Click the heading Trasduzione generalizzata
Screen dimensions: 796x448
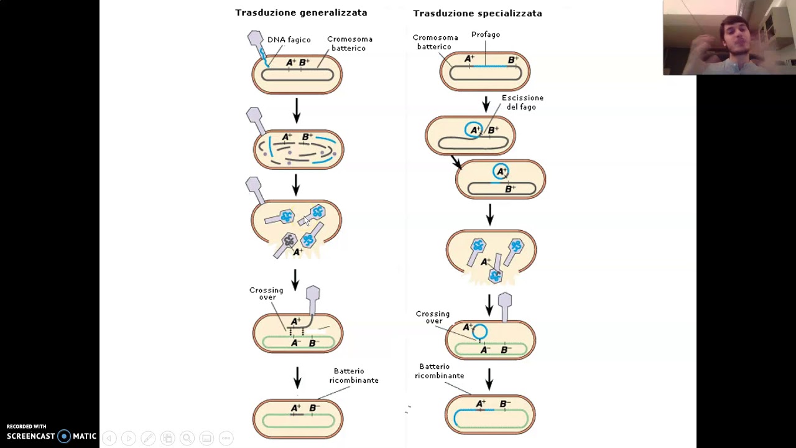tap(301, 13)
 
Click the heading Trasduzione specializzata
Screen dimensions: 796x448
tap(477, 14)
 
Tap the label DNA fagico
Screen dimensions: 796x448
tap(289, 39)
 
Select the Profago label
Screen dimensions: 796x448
tap(486, 34)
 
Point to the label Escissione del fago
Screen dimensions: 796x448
tap(522, 102)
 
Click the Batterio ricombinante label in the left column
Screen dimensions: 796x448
tap(354, 375)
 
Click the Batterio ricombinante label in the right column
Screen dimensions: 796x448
tap(439, 371)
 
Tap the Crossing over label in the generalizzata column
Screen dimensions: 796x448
tap(267, 293)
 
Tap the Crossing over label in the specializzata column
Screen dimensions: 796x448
tap(433, 317)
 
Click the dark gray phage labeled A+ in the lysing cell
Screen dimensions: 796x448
tap(285, 245)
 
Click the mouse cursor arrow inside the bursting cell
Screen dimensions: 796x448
tap(307, 220)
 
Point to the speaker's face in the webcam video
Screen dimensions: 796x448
tap(735, 35)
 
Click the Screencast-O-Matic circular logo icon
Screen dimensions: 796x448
tap(64, 436)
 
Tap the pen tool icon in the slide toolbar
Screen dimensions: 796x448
tap(148, 438)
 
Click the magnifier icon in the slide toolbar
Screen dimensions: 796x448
tap(187, 438)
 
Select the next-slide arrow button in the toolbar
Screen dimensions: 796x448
tap(129, 438)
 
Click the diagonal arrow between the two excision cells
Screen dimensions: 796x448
tap(456, 162)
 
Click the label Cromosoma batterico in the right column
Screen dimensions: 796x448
tap(435, 42)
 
